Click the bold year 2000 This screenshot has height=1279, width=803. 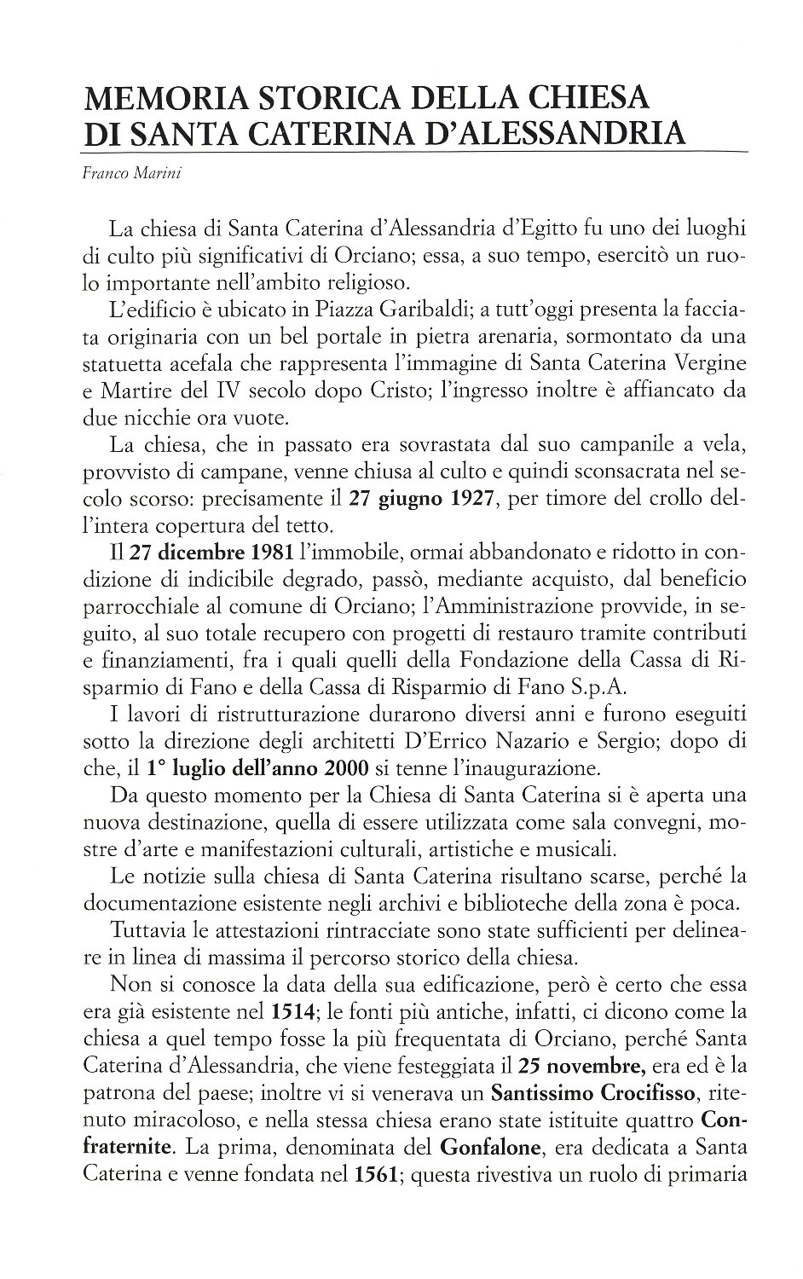(346, 767)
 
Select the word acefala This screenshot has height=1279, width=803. (202, 362)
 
